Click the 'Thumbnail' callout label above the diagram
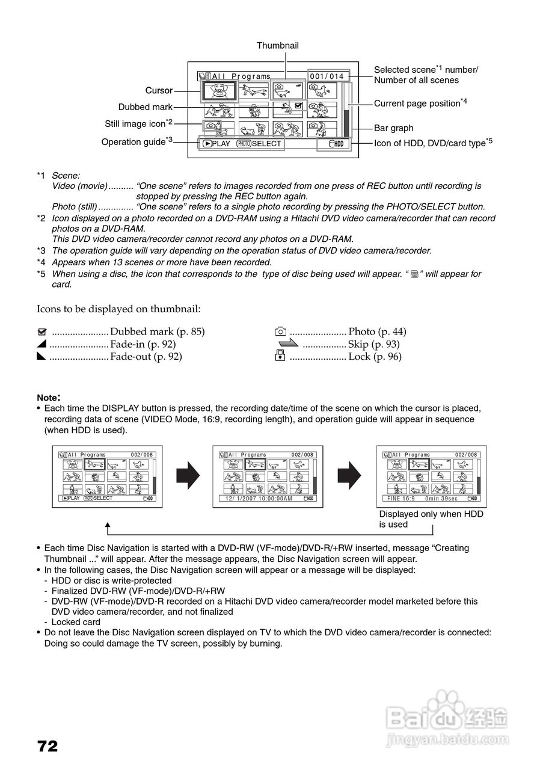(277, 46)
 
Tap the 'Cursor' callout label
(159, 91)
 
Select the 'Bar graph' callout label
(393, 128)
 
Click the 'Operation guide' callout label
(133, 142)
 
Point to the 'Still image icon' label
(135, 124)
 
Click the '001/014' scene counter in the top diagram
(327, 76)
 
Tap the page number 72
(48, 747)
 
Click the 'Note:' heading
(49, 398)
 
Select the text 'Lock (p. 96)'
(375, 357)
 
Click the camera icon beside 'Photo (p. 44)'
(280, 331)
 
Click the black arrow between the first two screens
(188, 476)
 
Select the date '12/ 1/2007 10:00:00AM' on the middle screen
(259, 499)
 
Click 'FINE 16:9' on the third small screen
(401, 499)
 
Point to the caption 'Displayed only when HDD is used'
(431, 519)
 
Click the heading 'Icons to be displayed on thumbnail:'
(118, 309)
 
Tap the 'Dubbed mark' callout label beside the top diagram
(145, 107)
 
